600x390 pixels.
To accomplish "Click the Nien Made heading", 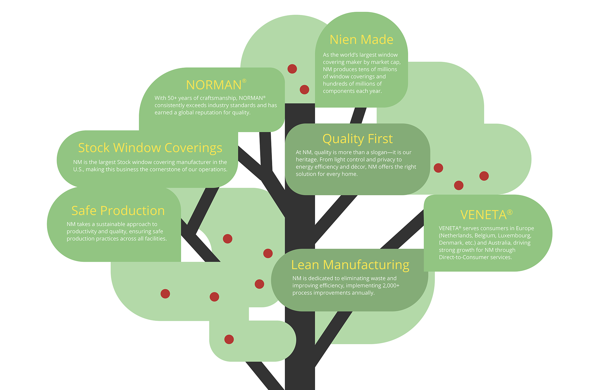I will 361,40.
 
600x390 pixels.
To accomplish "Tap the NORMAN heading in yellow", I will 213,85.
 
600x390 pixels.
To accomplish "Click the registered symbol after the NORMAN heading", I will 244,81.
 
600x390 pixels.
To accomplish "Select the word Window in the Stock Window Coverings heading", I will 137,148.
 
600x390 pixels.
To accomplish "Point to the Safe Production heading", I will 118,211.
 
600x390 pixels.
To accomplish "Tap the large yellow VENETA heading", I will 483,215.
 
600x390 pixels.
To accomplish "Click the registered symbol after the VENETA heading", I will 510,212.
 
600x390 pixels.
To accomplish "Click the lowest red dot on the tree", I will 229,339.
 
